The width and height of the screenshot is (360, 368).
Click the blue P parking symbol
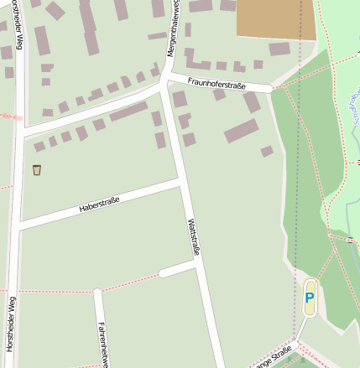tap(310, 297)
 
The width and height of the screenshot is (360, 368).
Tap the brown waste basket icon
tap(37, 170)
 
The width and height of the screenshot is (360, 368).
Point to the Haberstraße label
tap(99, 204)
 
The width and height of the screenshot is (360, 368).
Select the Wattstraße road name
tap(194, 236)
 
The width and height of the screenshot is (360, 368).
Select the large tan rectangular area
tap(276, 19)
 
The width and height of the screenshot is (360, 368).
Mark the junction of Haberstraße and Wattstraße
tap(182, 181)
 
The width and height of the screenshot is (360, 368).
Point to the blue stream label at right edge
tap(352, 109)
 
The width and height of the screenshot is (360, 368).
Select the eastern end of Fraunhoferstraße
tap(270, 87)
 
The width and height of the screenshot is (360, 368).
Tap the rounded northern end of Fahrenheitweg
tap(98, 293)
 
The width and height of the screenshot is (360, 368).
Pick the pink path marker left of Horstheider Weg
tap(15, 118)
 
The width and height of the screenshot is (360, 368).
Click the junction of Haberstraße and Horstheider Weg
tap(18, 225)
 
